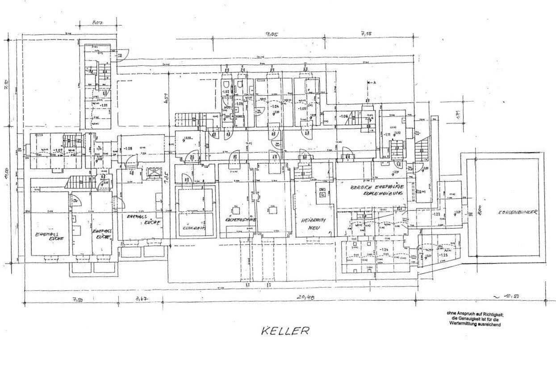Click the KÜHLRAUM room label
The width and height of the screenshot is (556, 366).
pyautogui.click(x=196, y=227)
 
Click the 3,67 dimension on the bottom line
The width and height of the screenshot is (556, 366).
pyautogui.click(x=141, y=298)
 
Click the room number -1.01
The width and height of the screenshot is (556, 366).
pyautogui.click(x=104, y=106)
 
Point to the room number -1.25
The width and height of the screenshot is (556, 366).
pyautogui.click(x=443, y=255)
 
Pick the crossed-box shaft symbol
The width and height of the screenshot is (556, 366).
pyautogui.click(x=153, y=172)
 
